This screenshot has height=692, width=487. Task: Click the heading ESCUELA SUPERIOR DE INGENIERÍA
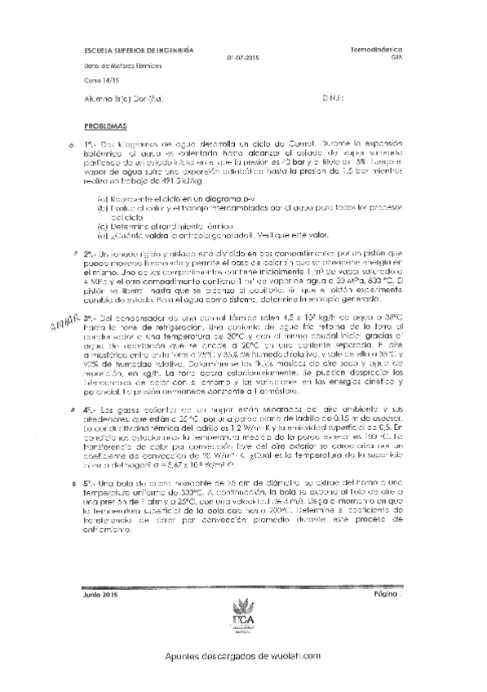139,50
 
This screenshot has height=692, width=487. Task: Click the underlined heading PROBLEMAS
105,128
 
